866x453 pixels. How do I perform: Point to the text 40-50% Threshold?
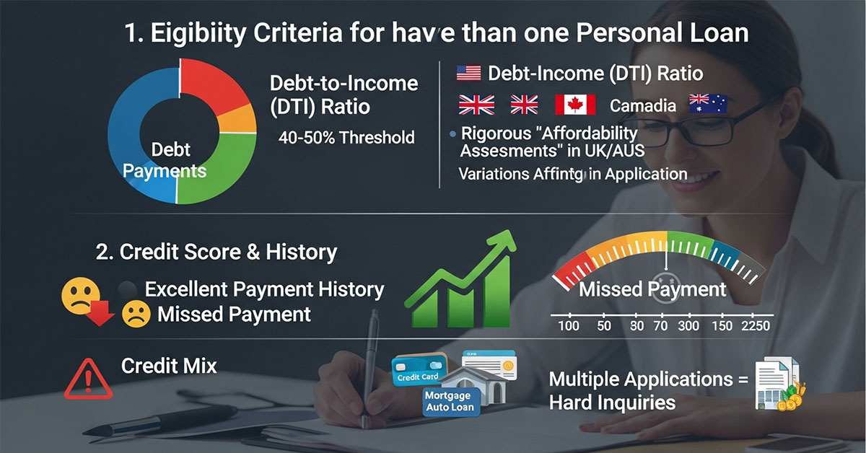pos(346,137)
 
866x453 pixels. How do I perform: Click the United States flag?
pos(469,73)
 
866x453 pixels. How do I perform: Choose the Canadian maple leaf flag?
pos(575,105)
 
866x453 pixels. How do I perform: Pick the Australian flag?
pos(708,105)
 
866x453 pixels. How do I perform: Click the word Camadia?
pos(643,106)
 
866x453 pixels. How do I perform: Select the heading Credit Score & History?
pos(216,252)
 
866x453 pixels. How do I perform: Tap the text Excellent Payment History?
pos(264,290)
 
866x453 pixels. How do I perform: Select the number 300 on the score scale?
pos(689,326)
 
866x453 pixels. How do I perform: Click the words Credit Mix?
pos(169,366)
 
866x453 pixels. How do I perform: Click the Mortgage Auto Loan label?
pos(448,402)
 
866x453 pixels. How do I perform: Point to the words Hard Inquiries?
pos(612,402)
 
